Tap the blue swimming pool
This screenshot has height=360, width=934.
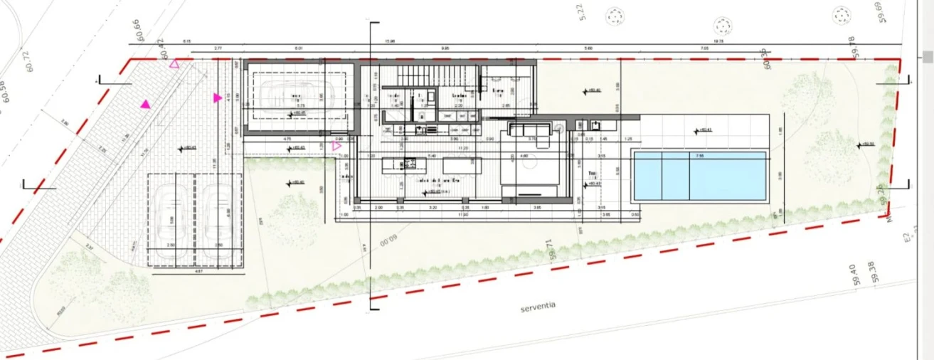pos(700,176)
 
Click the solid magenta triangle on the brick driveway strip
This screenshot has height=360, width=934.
pos(145,105)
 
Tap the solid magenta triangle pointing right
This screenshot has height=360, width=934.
pos(217,97)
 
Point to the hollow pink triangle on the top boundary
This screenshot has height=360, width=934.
pos(174,65)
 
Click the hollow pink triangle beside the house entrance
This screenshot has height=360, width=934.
pos(336,147)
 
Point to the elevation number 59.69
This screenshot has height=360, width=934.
pos(879,12)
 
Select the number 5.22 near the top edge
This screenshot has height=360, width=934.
pos(581,12)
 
